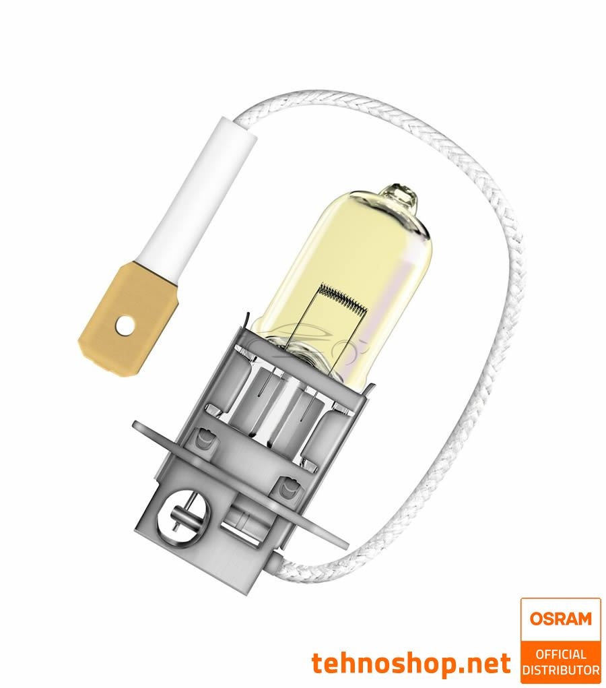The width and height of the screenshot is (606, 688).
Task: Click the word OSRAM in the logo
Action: (x=560, y=618)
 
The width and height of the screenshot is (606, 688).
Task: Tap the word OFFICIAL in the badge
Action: (x=560, y=654)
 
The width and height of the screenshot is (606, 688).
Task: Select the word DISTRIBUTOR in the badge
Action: (x=560, y=670)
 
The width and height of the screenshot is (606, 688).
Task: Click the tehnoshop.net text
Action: (x=411, y=664)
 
